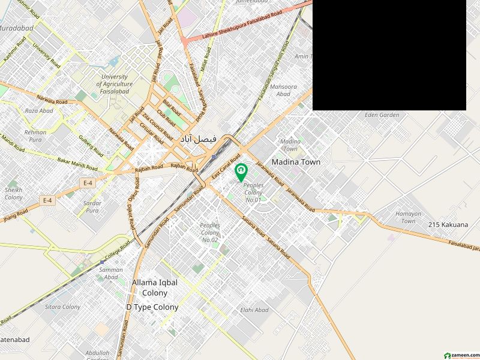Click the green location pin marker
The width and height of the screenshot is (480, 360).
(x=241, y=172)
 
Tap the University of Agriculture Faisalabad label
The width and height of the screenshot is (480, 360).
(x=114, y=85)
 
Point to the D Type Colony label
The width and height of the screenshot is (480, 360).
(x=152, y=307)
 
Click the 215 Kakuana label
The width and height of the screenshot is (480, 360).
(x=448, y=224)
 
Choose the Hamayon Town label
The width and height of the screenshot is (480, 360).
(x=408, y=217)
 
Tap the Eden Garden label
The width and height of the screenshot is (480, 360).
(x=382, y=115)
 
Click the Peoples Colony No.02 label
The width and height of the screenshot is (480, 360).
(x=210, y=232)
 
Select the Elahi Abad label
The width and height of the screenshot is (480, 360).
(x=254, y=310)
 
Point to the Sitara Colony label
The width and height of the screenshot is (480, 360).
(x=62, y=307)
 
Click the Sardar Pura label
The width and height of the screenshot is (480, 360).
(x=92, y=207)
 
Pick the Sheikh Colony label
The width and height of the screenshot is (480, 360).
(x=13, y=193)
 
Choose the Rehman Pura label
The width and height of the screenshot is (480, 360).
(x=35, y=136)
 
